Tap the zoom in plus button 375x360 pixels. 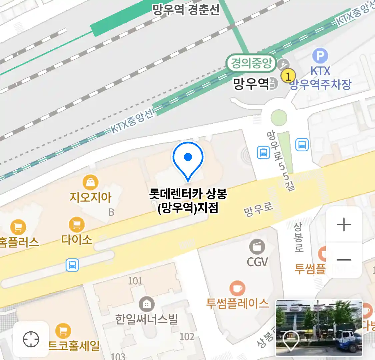(344, 225)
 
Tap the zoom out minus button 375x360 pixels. (344, 260)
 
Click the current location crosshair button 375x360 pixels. (31, 339)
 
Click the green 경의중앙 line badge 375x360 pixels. (251, 63)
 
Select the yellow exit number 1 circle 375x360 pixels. (288, 76)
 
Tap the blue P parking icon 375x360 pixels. (320, 56)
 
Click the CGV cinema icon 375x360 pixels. (257, 247)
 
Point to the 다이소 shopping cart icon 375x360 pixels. (77, 225)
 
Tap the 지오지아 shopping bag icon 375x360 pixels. (90, 183)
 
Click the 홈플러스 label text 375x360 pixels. (19, 242)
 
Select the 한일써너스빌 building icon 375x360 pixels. (146, 304)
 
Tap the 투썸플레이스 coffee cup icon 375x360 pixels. (237, 288)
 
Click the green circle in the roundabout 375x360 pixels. (279, 117)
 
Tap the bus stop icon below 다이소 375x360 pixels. (72, 265)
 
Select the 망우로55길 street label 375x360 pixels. (280, 160)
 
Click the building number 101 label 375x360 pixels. (135, 281)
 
